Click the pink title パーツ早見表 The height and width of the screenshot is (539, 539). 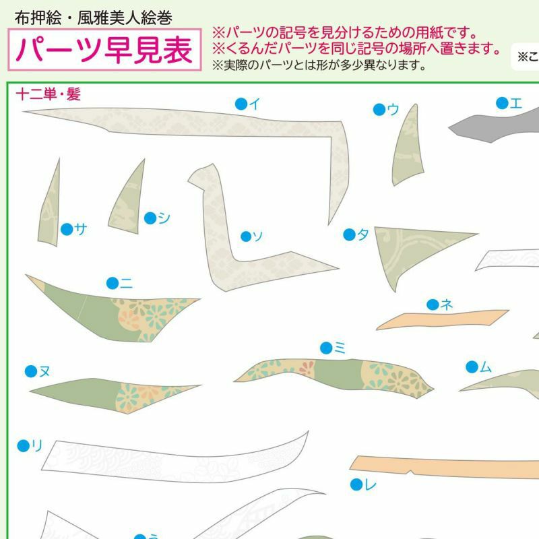tap(104, 50)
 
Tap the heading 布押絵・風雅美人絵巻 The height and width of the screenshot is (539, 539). tap(93, 18)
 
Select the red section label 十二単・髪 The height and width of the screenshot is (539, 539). tap(49, 94)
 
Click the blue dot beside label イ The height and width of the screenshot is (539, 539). tap(241, 104)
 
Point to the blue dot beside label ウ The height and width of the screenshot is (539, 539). tap(379, 110)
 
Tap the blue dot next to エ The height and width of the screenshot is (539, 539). tap(502, 103)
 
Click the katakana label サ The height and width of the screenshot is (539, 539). tap(80, 228)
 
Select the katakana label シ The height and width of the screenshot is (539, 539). tap(164, 218)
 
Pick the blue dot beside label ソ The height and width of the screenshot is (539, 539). tap(246, 236)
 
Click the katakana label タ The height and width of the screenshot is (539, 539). tap(363, 234)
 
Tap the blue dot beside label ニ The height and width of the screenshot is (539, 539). tap(113, 283)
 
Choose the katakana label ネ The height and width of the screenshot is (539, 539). tap(447, 305)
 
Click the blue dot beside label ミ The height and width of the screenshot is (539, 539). tap(326, 348)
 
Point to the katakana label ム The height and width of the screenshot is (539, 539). tap(485, 367)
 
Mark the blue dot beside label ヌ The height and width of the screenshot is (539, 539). tap(31, 371)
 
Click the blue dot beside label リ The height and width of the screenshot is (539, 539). tap(24, 446)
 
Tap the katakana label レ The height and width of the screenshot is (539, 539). tap(371, 484)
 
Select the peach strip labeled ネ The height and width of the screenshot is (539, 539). tap(443, 319)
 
